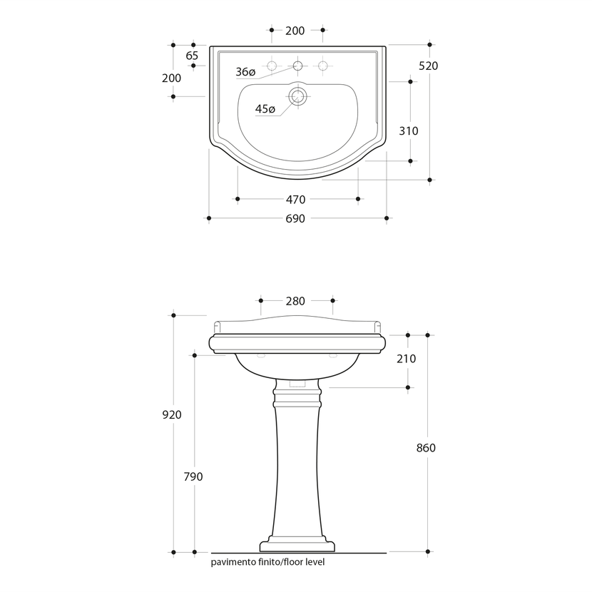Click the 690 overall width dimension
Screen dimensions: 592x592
[295, 218]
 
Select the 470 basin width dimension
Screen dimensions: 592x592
[295, 199]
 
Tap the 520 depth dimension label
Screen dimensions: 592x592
[429, 66]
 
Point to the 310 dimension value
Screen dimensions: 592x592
[409, 131]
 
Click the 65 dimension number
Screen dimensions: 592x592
[192, 56]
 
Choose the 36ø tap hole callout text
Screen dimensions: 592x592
[246, 72]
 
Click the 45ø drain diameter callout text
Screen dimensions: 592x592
[265, 109]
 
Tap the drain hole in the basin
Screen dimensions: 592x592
[297, 96]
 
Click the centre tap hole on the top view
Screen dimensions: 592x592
[297, 66]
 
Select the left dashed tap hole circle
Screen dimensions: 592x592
[272, 66]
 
